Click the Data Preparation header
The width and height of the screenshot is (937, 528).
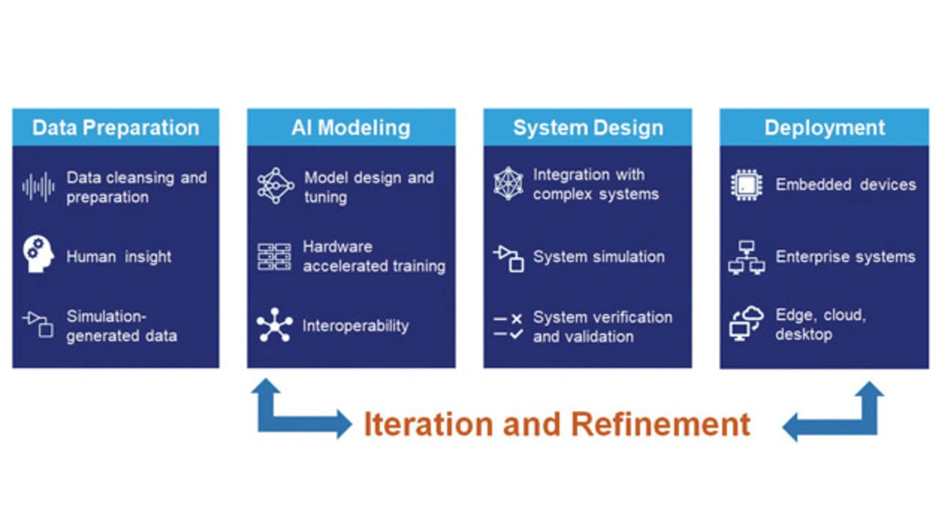[x=116, y=127]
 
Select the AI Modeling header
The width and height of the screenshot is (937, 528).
[x=351, y=127]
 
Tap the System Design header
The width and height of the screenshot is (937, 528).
[x=588, y=127]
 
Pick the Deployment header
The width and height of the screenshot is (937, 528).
[x=824, y=127]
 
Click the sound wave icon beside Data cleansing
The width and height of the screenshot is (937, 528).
[x=39, y=187]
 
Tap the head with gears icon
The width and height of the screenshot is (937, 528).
[x=38, y=254]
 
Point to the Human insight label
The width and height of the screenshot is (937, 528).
[x=119, y=256]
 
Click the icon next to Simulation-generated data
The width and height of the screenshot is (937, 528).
[x=38, y=324]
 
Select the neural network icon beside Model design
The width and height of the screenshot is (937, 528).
[x=275, y=186]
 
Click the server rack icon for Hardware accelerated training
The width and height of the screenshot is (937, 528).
[x=275, y=256]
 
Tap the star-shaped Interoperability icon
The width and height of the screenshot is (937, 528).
[x=275, y=325]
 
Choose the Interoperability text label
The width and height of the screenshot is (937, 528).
[x=356, y=325]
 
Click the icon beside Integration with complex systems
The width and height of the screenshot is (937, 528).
[x=508, y=184]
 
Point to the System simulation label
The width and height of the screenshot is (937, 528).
[x=599, y=256]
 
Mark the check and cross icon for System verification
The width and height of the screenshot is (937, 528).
[x=508, y=327]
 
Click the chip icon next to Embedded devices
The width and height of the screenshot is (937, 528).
[x=747, y=185]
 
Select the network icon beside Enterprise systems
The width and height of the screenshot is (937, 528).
[x=747, y=257]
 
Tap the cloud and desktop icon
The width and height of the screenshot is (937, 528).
[x=747, y=324]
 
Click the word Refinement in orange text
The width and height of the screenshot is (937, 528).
[x=660, y=424]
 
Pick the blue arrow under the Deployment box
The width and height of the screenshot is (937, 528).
[x=833, y=412]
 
